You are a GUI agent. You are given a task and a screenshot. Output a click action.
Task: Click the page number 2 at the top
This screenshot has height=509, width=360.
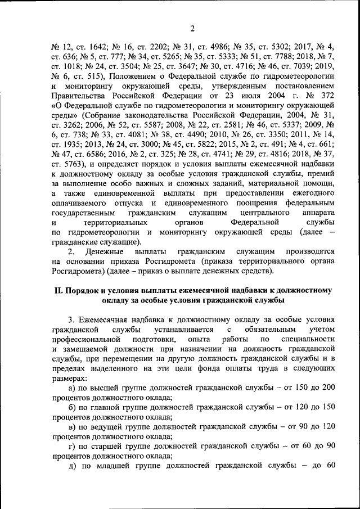tap(191, 29)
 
